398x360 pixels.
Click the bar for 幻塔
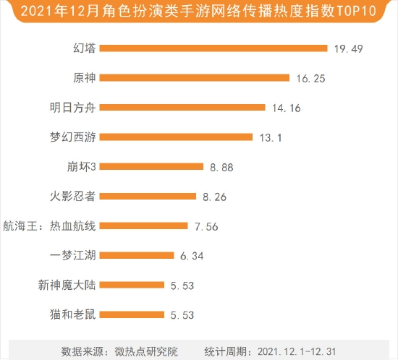pyautogui.click(x=213, y=48)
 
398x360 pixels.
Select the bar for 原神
pyautogui.click(x=195, y=78)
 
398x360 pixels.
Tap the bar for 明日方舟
pyautogui.click(x=182, y=108)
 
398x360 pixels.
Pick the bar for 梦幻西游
pyautogui.click(x=176, y=137)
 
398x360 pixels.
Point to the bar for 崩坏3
pyautogui.click(x=151, y=166)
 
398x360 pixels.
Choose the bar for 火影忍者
pyautogui.click(x=148, y=196)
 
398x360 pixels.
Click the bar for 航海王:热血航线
pyautogui.click(x=143, y=226)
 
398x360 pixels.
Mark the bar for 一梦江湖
pyautogui.click(x=137, y=255)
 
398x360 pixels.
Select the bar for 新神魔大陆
pyautogui.click(x=132, y=285)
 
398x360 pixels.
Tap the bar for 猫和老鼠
pyautogui.click(x=132, y=314)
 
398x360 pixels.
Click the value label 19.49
pyautogui.click(x=348, y=48)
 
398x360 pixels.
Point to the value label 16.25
pyautogui.click(x=310, y=78)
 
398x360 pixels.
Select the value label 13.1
pyautogui.click(x=271, y=137)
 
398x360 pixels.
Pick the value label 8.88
pyautogui.click(x=221, y=167)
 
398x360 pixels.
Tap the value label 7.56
pyautogui.click(x=206, y=226)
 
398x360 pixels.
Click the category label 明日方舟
pyautogui.click(x=72, y=108)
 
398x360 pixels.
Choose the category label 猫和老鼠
pyautogui.click(x=72, y=314)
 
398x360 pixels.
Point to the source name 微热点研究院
pyautogui.click(x=146, y=351)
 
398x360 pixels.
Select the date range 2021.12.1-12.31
pyautogui.click(x=297, y=351)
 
